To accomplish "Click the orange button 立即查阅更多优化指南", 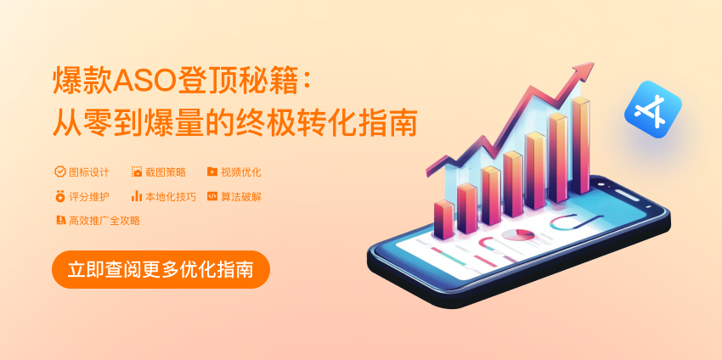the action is click(x=161, y=269).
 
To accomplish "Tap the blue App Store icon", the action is click(x=653, y=110).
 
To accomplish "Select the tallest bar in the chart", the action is click(x=581, y=145).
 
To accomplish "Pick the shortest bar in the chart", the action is click(x=444, y=220).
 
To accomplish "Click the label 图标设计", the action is click(x=89, y=172).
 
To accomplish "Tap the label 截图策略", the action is click(x=166, y=172).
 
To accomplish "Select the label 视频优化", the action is click(x=241, y=172).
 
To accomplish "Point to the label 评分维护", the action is click(x=89, y=197).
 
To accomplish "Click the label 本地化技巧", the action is click(x=171, y=197).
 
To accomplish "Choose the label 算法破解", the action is click(x=241, y=197).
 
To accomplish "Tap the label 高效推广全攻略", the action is click(x=104, y=221).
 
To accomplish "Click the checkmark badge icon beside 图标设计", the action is click(x=59, y=172).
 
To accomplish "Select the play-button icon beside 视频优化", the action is click(x=212, y=172).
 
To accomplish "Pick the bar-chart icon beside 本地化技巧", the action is click(x=136, y=196).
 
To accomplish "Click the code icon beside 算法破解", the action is click(x=212, y=197).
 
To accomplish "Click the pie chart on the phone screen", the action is click(x=518, y=235).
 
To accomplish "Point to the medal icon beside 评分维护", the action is click(x=59, y=197).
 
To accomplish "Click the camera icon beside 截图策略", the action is click(x=137, y=172).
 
